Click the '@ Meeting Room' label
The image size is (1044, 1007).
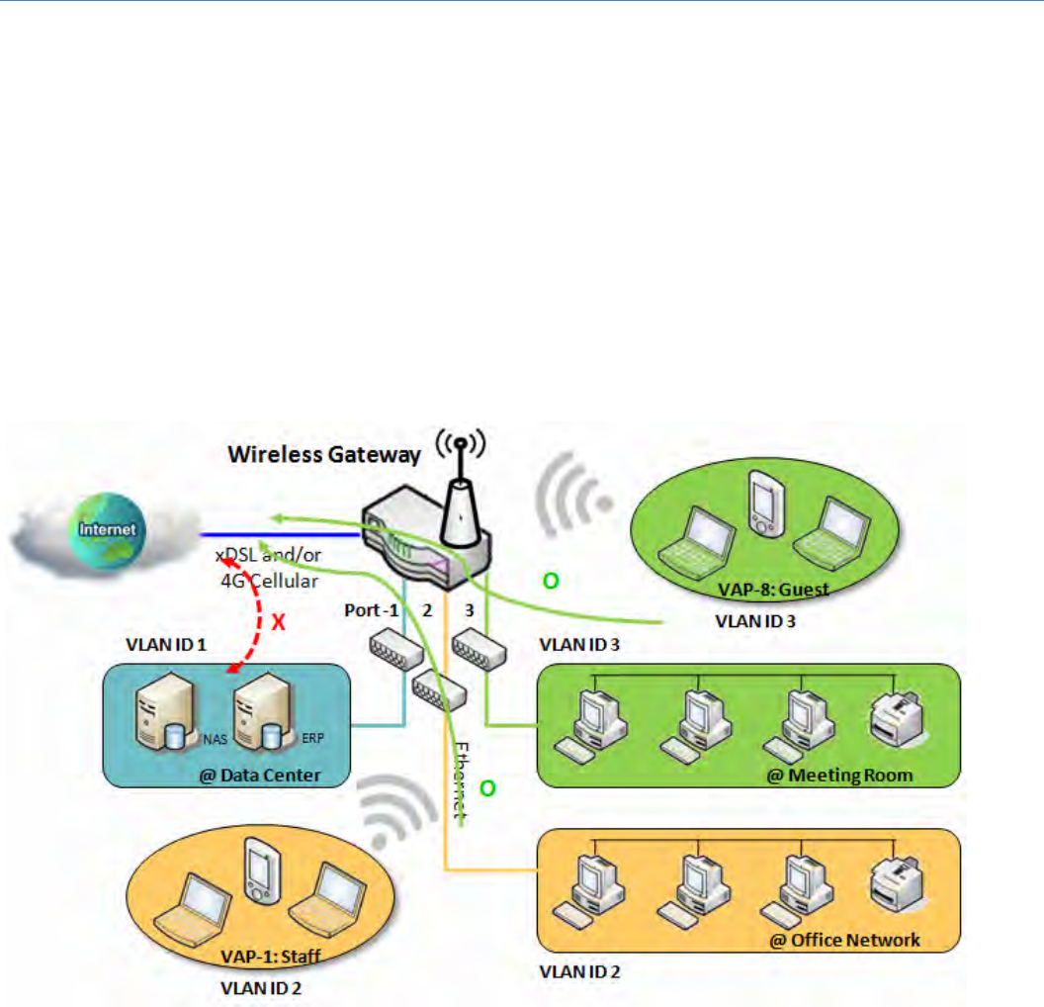click(x=840, y=775)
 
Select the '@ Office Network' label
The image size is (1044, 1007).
click(x=845, y=939)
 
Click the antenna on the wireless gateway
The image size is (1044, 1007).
click(x=458, y=504)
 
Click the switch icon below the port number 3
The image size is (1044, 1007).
click(x=481, y=649)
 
